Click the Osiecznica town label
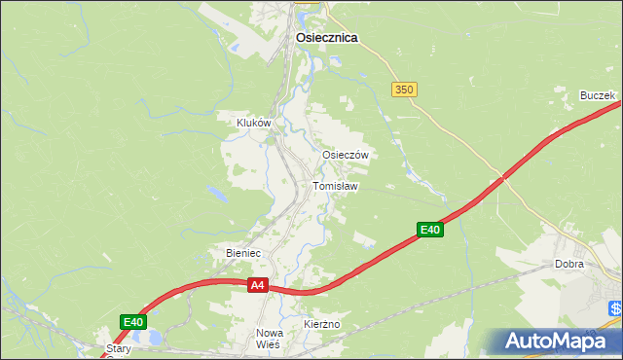[x=326, y=38]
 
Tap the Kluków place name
[x=253, y=124]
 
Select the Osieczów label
[x=345, y=155]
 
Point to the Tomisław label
[x=336, y=186]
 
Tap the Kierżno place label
[x=320, y=323]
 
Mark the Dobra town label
[x=568, y=265]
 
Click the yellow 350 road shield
[x=405, y=90]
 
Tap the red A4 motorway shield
[x=257, y=285]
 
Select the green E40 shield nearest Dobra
[x=431, y=230]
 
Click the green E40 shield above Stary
[x=134, y=322]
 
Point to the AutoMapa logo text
[x=560, y=342]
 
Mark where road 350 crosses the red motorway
[x=502, y=178]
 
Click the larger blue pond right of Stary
[x=153, y=339]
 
